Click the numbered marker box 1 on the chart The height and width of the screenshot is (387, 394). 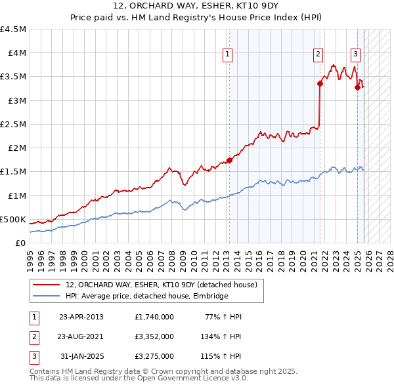(227, 55)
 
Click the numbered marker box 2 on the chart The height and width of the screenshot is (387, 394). (318, 55)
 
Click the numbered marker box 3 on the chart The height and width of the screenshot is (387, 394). (355, 55)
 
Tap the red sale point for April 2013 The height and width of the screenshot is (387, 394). (229, 159)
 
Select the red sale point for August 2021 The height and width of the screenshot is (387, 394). (320, 83)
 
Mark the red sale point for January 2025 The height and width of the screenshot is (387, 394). (357, 87)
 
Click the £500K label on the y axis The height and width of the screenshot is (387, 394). (13, 219)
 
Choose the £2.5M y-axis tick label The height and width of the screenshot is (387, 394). (13, 124)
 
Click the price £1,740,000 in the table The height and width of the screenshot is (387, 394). (154, 317)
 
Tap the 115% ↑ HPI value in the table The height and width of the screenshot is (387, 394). (221, 356)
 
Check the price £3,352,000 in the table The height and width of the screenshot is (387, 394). (154, 336)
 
